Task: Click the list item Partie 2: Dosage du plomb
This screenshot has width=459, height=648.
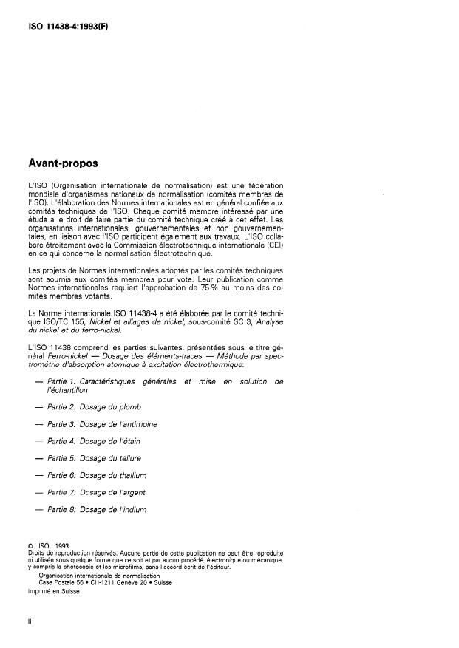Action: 94,407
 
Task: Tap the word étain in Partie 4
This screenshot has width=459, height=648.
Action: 129,441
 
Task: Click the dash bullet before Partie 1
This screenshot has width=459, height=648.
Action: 38,381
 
